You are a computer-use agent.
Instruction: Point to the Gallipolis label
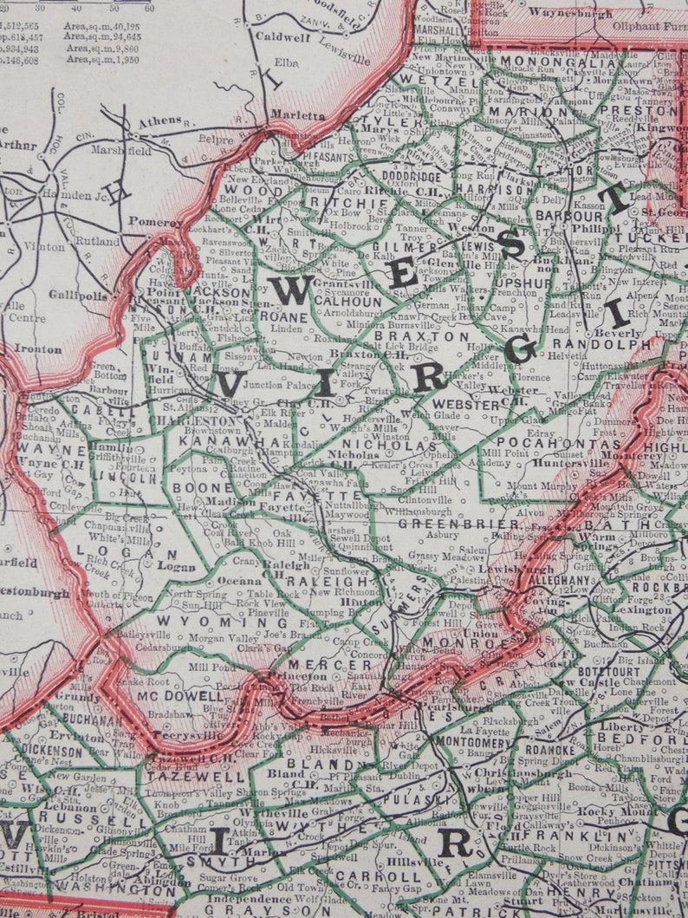click(84, 296)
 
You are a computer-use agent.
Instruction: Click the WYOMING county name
click(223, 622)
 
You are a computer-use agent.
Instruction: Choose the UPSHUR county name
click(523, 283)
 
